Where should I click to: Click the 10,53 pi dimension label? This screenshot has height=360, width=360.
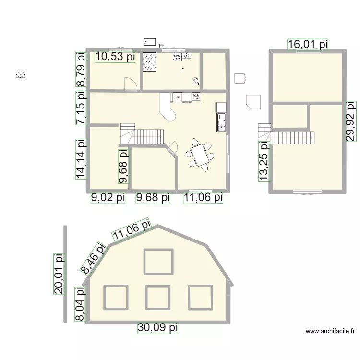115,57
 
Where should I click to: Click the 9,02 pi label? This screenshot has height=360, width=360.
108,197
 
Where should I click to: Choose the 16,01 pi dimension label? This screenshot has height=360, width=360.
308,45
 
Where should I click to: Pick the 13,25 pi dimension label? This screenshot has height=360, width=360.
264,161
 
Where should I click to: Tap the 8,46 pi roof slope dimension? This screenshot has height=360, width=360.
94,258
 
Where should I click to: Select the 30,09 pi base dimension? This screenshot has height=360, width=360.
158,328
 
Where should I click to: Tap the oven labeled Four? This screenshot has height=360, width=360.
178,97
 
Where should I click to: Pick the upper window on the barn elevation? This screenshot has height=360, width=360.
158,261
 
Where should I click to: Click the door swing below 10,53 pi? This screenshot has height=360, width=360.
130,84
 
